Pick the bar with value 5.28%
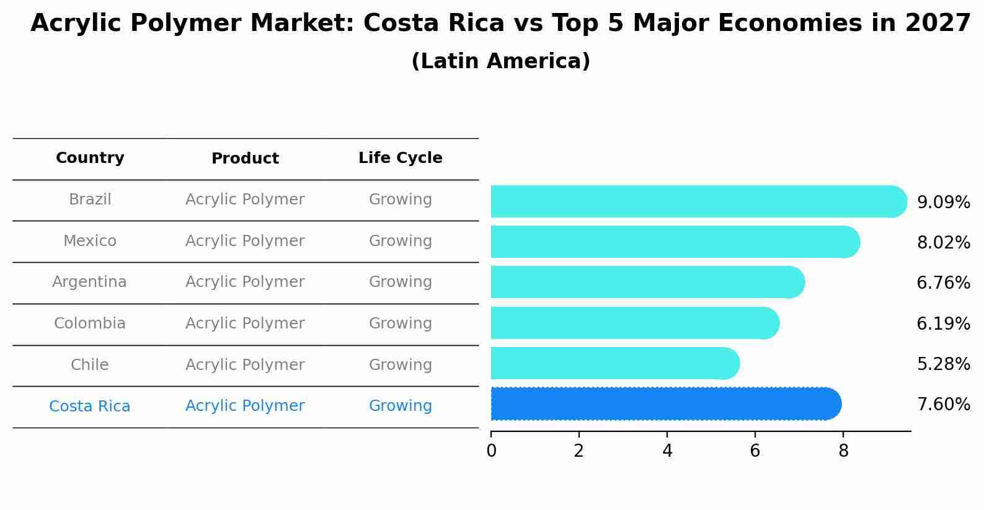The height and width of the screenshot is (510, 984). (x=614, y=363)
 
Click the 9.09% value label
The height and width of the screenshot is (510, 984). (x=943, y=203)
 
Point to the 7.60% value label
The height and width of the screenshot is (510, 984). (x=943, y=405)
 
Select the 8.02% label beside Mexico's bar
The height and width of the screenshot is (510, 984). (x=943, y=243)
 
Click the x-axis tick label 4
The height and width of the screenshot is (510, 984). (x=667, y=451)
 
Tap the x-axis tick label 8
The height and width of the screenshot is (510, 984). (x=843, y=451)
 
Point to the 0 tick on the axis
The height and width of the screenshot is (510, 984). (x=491, y=451)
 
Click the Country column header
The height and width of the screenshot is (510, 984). (x=90, y=158)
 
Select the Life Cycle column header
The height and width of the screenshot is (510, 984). (x=400, y=158)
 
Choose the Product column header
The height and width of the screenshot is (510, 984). (x=245, y=159)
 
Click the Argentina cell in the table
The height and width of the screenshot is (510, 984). (x=89, y=282)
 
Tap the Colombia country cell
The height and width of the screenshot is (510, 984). (x=89, y=323)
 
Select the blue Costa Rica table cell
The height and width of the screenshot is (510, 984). (x=89, y=407)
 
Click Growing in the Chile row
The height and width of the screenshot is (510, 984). (x=400, y=365)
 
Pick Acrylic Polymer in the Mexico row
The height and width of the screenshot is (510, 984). (x=245, y=241)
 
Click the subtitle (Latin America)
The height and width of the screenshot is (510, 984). (x=500, y=61)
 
